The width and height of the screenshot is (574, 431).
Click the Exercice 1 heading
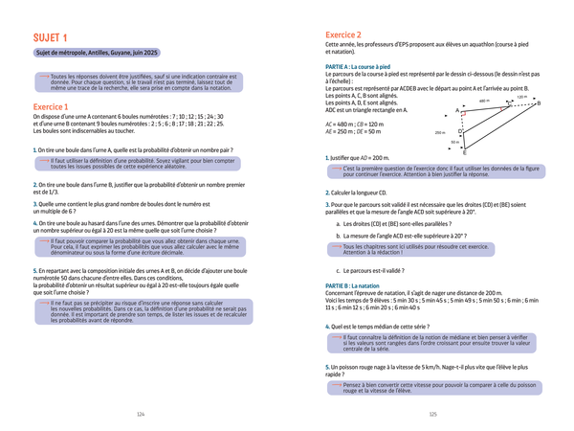point(54,106)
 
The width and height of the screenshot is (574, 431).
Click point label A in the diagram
point(457,111)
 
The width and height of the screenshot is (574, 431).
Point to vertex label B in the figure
point(538,103)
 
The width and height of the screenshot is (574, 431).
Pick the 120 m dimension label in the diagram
point(521,97)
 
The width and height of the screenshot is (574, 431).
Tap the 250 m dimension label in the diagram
point(440,132)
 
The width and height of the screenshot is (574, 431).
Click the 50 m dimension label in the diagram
point(455,143)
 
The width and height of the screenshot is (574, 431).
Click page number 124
point(142,414)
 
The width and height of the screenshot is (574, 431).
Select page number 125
point(432,414)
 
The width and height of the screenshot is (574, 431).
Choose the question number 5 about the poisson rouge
point(327,367)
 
